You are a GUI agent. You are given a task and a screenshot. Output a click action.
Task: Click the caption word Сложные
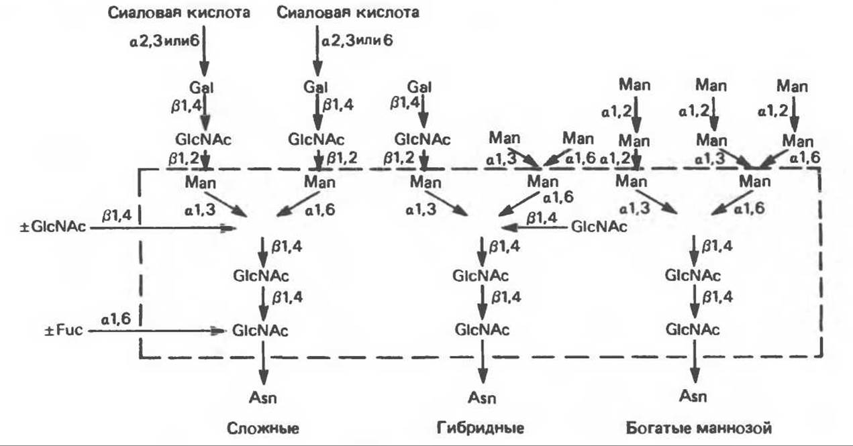[x=261, y=427]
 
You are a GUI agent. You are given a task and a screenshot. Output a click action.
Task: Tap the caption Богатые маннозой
[x=699, y=427]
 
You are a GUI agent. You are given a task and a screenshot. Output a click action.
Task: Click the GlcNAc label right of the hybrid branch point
[x=599, y=227]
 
